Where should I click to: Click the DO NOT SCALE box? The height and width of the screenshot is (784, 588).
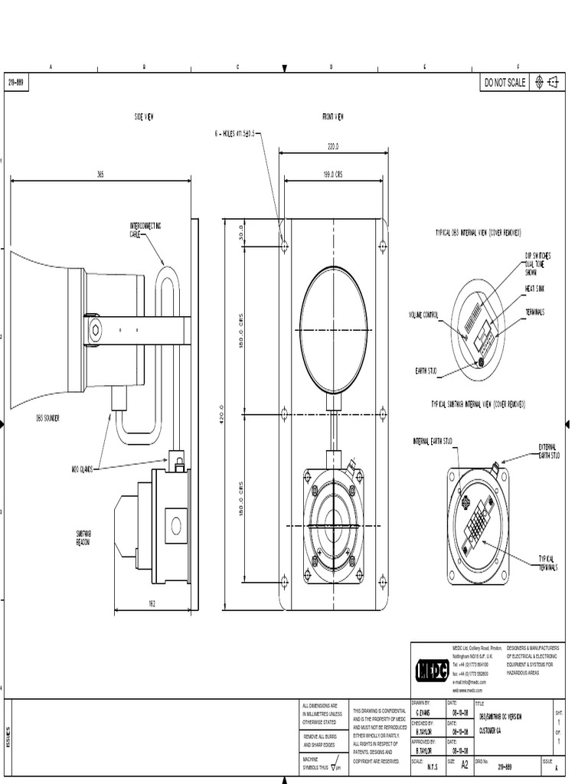coord(505,83)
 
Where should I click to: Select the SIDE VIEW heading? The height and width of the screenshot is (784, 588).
coord(144,117)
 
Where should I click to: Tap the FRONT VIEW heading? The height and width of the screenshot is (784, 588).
coord(333,117)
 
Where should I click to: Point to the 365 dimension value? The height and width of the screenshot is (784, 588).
coord(100,175)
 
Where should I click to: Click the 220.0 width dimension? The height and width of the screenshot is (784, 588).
coord(333,146)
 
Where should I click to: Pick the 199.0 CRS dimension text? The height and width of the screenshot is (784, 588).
coord(333,175)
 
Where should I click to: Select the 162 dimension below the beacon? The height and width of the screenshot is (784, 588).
coord(152,604)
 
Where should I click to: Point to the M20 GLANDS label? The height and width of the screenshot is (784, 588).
coord(82,469)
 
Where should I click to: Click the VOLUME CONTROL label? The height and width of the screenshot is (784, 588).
coord(423,315)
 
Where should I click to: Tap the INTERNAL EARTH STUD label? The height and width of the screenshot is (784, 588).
coord(433,441)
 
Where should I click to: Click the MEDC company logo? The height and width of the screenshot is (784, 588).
coord(432,671)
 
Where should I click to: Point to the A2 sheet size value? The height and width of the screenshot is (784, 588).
coord(465,763)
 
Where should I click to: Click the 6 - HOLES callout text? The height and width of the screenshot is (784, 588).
coord(237,133)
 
